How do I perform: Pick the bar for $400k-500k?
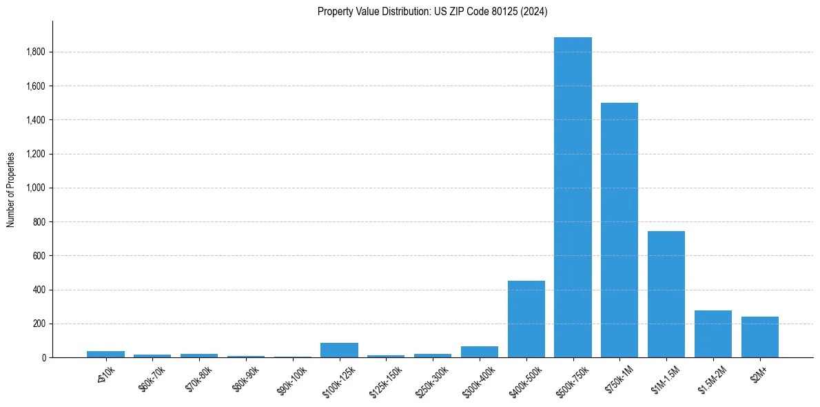[526, 319]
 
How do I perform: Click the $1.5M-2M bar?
[713, 334]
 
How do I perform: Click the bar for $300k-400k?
[480, 352]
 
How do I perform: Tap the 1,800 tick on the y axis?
[37, 52]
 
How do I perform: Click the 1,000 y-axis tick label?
[37, 188]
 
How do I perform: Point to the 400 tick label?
[40, 290]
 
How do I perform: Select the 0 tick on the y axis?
[43, 358]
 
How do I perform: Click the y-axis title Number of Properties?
[11, 189]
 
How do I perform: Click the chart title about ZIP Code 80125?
[433, 12]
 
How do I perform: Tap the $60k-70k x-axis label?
[151, 379]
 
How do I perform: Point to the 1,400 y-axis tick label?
[37, 120]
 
